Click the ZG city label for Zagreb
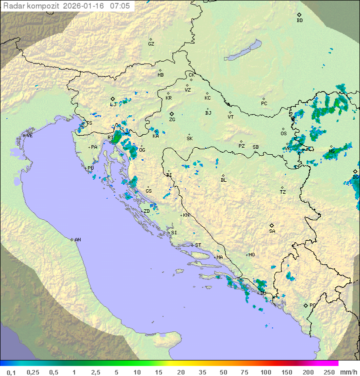tap(172, 120)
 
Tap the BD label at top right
tap(299, 21)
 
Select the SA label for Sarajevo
tap(272, 231)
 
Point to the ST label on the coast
tap(198, 245)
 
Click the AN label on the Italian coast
tap(77, 240)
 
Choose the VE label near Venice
tap(29, 136)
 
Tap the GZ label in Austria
tap(151, 44)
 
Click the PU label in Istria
tap(90, 168)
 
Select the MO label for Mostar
tap(251, 255)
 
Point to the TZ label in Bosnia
tap(283, 192)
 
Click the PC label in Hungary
tap(264, 104)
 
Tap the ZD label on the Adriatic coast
tap(146, 211)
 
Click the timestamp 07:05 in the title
tap(120, 6)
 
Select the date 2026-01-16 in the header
tap(86, 6)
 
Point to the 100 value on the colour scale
tap(265, 372)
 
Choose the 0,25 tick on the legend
tap(33, 372)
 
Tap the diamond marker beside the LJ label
tap(112, 99)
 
